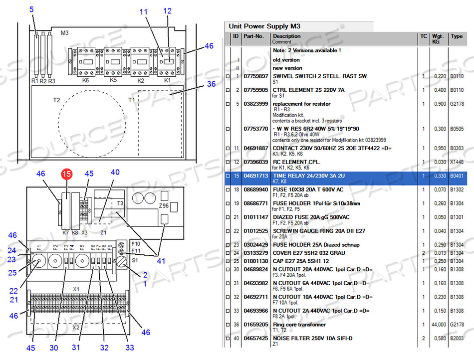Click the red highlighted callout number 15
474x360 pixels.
click(x=66, y=174)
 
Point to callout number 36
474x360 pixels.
click(x=211, y=84)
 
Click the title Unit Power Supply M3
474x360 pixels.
click(x=264, y=26)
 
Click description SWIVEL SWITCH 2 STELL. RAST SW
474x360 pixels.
click(x=319, y=76)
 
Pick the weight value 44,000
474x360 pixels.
click(x=439, y=325)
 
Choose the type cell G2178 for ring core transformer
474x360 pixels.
click(x=457, y=325)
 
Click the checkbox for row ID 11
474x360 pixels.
click(x=228, y=148)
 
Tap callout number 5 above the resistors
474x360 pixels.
click(x=32, y=9)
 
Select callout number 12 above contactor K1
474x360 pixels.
click(x=167, y=11)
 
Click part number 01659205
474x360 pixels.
click(x=255, y=325)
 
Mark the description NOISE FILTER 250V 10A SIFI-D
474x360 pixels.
click(x=312, y=338)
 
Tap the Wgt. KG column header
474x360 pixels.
click(x=438, y=38)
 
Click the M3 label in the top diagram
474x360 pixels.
click(x=64, y=33)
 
